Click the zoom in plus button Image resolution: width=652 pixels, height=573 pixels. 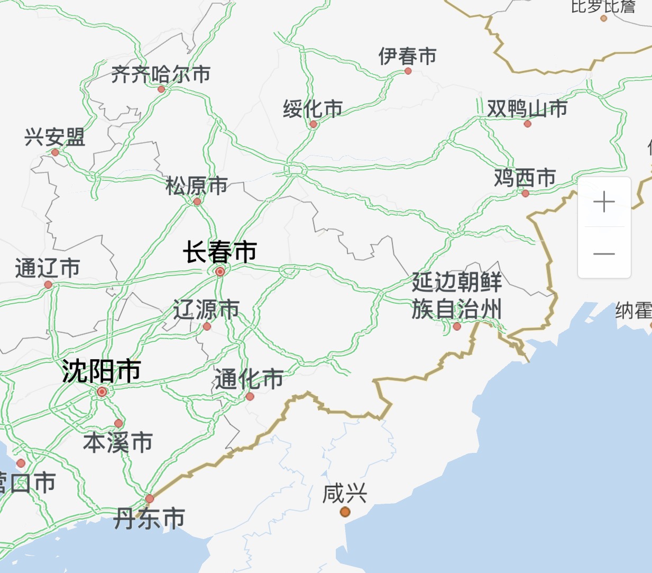pos(604,202)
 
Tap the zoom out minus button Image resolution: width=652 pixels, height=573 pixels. pos(604,253)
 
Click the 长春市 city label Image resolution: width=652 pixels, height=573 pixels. pos(220,252)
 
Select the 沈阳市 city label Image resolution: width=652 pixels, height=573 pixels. pos(101,371)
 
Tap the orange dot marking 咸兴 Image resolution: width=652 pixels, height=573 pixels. pos(345,512)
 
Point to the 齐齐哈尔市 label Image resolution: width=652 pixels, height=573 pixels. pos(161,75)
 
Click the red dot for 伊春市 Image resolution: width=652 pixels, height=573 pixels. pos(408,71)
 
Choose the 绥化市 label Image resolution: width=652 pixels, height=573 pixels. pos(313,109)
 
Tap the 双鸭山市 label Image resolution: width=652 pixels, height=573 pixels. pos(527,108)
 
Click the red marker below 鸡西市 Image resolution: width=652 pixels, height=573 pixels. pos(525,194)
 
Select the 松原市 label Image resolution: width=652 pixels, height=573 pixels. pos(196,186)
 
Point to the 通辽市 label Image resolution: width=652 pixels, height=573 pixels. pos(48,268)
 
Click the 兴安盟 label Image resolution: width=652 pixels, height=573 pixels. pos(54,138)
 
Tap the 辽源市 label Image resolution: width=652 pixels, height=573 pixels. pos(206,310)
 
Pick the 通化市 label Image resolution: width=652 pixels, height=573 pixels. pos(249,379)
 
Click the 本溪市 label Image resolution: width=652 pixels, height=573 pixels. pos(118,442)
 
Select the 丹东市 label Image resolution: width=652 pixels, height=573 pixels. pos(150,519)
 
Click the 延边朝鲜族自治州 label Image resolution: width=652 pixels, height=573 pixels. pos(457,296)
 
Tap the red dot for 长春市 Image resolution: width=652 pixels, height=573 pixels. pos(220,271)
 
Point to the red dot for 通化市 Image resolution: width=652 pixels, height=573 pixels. pos(250,396)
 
